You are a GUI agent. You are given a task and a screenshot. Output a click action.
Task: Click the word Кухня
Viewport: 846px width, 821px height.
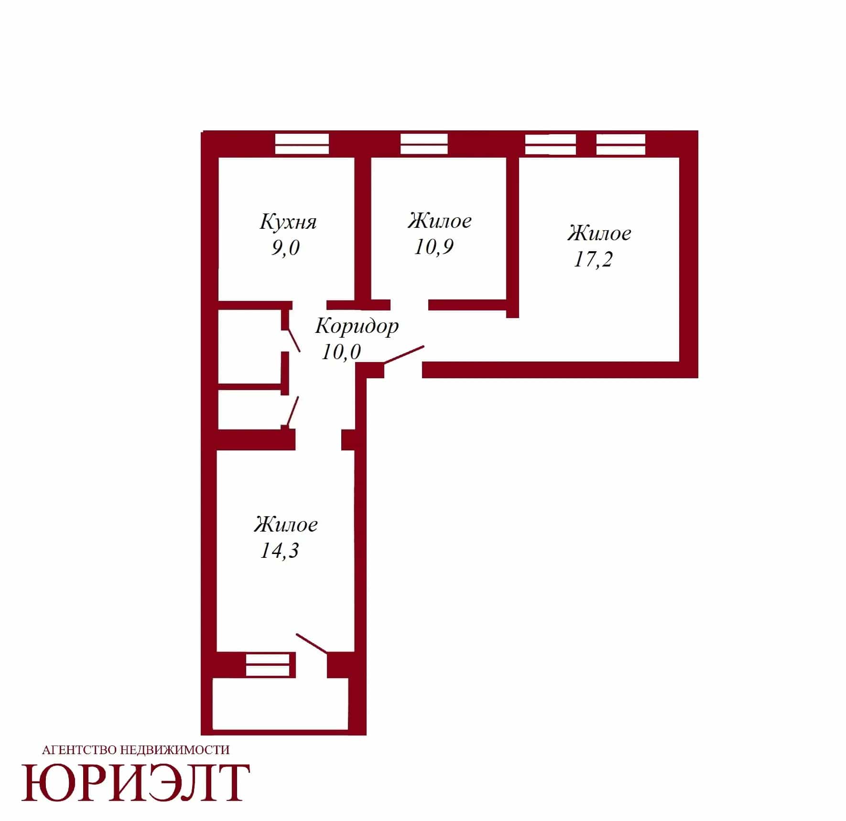[x=288, y=222]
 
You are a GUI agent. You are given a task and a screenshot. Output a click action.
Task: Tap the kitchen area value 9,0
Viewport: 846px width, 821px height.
[x=285, y=248]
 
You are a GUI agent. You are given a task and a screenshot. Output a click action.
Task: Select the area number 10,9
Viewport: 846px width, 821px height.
[x=434, y=247]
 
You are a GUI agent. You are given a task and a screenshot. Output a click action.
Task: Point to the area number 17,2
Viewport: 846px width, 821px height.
[x=593, y=259]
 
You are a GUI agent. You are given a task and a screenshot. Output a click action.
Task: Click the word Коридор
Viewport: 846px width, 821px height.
[x=357, y=327]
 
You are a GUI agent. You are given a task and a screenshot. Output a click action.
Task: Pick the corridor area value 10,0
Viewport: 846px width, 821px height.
[x=341, y=352]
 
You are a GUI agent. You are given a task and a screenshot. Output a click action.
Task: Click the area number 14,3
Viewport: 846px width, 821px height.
[x=279, y=550]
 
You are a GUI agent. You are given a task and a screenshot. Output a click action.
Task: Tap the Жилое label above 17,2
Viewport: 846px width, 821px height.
[x=599, y=233]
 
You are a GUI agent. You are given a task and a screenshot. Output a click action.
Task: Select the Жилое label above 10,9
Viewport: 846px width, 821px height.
[x=440, y=221]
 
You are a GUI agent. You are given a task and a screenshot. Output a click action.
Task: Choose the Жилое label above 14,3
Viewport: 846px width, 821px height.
[x=286, y=524]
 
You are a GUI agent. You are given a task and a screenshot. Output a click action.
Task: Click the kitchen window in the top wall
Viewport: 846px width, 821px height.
[x=302, y=144]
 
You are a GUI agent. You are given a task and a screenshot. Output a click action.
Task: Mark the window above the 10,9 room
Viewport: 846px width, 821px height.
[x=424, y=144]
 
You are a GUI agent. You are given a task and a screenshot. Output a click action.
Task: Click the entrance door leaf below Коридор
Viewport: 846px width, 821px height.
[x=404, y=355]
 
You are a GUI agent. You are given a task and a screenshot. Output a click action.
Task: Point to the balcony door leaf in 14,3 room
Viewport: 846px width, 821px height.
[x=312, y=643]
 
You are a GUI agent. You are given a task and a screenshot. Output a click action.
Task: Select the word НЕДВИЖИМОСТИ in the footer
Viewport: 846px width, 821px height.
[x=175, y=750]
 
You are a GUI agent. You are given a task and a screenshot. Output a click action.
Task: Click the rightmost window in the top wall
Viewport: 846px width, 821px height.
[x=621, y=144]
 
